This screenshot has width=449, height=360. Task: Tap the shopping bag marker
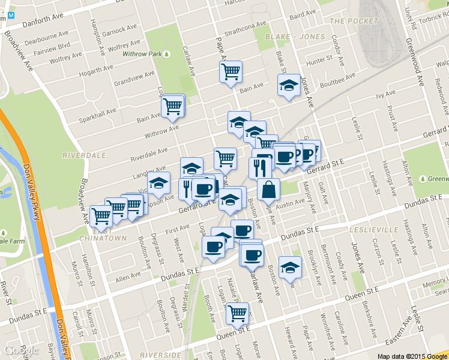pyautogui.click(x=268, y=190)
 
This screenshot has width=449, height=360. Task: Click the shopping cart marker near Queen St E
pyautogui.click(x=237, y=313)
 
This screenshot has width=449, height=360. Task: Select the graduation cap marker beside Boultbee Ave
pyautogui.click(x=289, y=85)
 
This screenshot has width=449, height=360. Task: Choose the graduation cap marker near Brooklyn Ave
pyautogui.click(x=291, y=267)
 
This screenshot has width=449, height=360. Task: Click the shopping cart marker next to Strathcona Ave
pyautogui.click(x=231, y=72)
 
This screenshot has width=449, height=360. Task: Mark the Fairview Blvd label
pyautogui.click(x=52, y=46)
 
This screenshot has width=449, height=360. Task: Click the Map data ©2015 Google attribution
pyautogui.click(x=413, y=356)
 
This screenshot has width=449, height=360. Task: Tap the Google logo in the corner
pyautogui.click(x=22, y=351)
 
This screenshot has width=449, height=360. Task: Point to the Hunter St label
pyautogui.click(x=319, y=61)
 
